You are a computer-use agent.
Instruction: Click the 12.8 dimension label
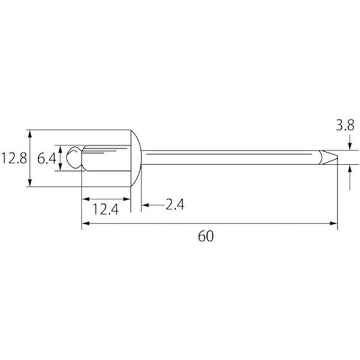coord(14,158)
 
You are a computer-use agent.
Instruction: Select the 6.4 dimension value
coord(46,158)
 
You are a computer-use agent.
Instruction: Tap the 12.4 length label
coord(106,209)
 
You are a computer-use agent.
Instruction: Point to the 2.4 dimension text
coord(175,205)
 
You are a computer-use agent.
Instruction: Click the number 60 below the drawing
coord(206,236)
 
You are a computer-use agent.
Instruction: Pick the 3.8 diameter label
coord(345,125)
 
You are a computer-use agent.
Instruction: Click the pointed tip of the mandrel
coord(337,157)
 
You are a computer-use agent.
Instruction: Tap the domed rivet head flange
coord(136,158)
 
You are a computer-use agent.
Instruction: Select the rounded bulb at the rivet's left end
coord(74,158)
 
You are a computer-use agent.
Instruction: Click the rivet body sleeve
coord(106,158)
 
